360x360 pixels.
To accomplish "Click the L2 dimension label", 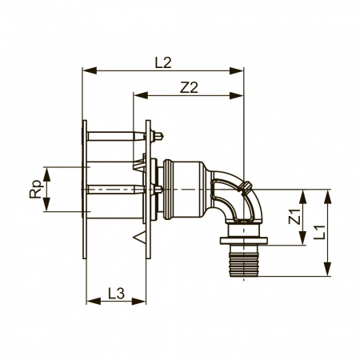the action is pyautogui.click(x=163, y=63).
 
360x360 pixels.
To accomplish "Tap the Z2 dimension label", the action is pyautogui.click(x=189, y=87).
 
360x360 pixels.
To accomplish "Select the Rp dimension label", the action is pyautogui.click(x=36, y=190).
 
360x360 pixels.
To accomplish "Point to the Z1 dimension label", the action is pyautogui.click(x=294, y=217).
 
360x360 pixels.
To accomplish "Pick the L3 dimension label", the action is pyautogui.click(x=117, y=294).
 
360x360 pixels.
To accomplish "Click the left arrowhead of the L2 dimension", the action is pyautogui.click(x=90, y=70).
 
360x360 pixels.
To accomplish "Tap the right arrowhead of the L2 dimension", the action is pyautogui.click(x=237, y=70).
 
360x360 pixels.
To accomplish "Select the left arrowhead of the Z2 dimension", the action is pyautogui.click(x=141, y=95).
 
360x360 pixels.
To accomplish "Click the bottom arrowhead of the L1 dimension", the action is pyautogui.click(x=327, y=270).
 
